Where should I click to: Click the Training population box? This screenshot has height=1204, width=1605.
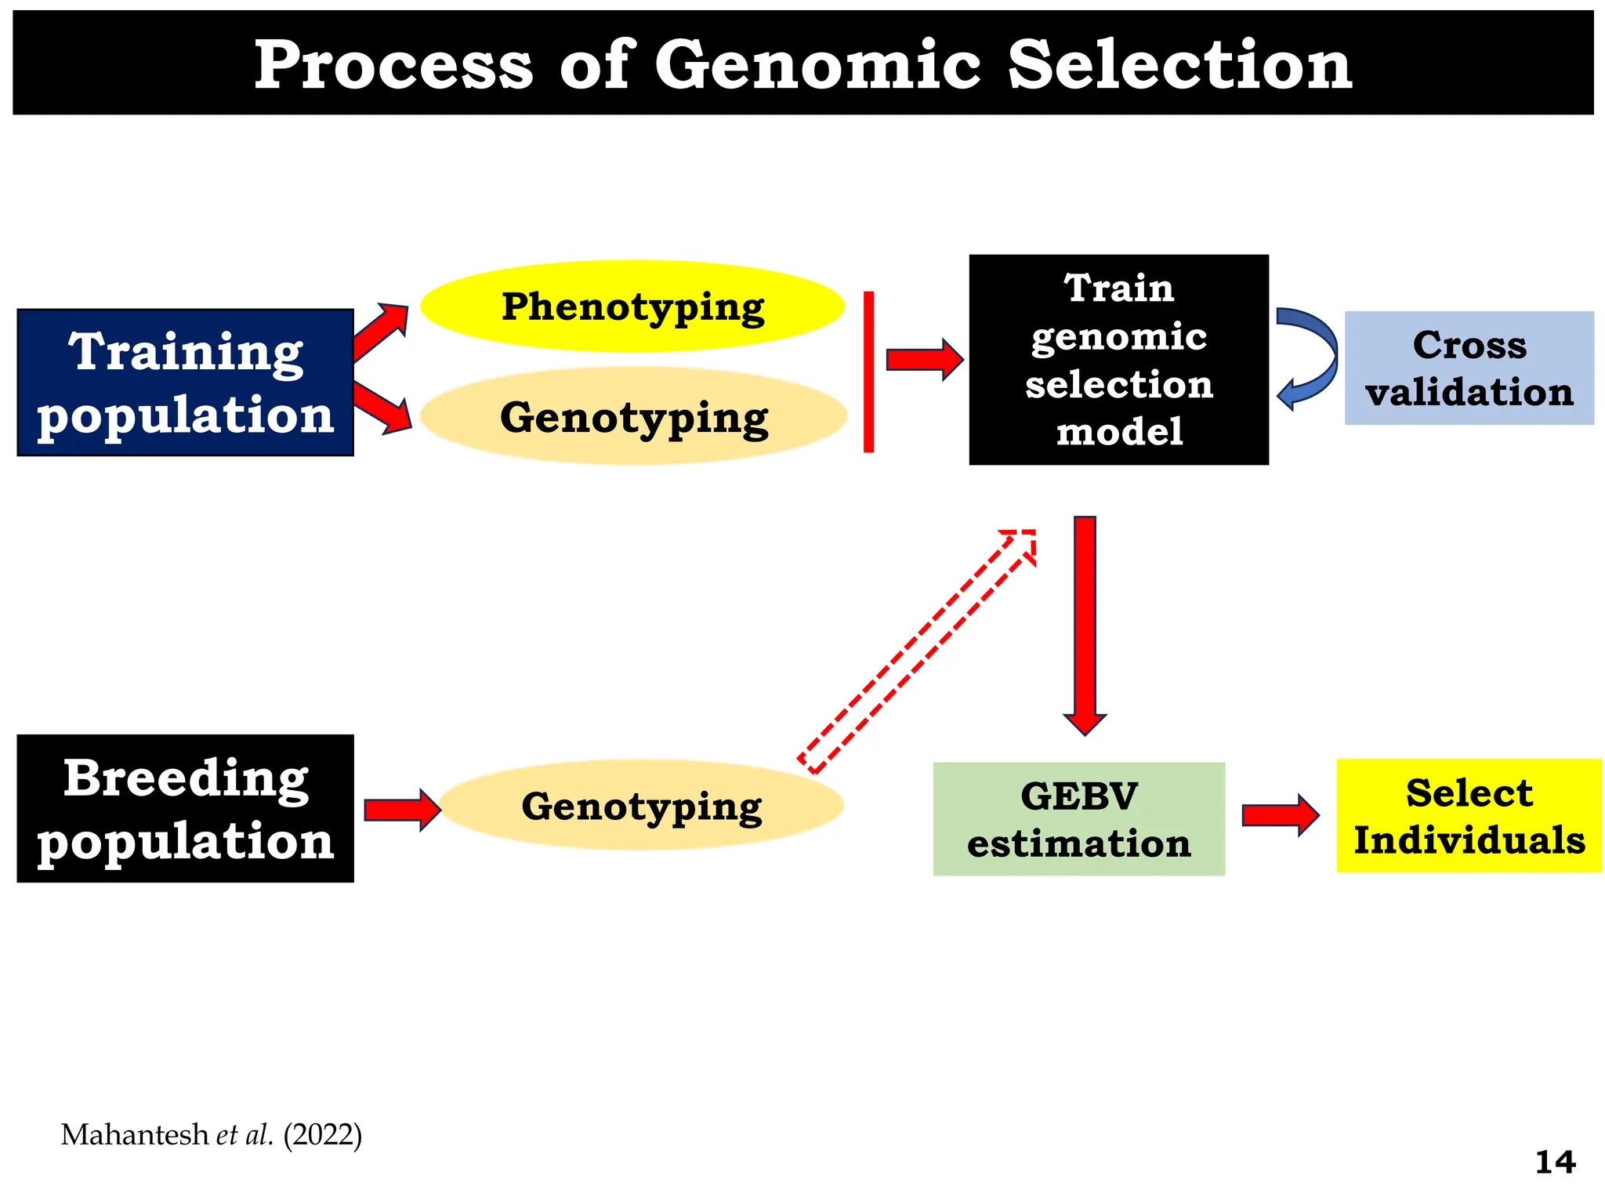point(185,383)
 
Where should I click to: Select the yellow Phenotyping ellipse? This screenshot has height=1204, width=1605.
point(632,306)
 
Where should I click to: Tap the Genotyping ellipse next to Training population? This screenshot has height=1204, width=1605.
point(633,417)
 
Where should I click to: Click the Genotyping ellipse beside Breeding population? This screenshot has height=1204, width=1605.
point(641,806)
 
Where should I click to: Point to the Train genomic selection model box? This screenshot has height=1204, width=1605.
point(1118,360)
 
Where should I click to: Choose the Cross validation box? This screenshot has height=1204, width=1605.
point(1469,368)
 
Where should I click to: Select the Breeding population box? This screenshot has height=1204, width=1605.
point(185,809)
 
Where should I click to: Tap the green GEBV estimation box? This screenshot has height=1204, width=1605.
point(1078,819)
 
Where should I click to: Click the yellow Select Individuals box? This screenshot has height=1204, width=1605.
point(1469,816)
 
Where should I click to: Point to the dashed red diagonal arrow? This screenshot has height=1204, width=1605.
point(917,651)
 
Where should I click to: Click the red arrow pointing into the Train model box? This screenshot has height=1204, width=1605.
point(923,360)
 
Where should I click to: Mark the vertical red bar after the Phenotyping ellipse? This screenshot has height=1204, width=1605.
point(868,372)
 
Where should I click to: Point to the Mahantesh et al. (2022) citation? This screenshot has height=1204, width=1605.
point(212,1135)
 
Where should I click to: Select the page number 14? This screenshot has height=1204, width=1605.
point(1555,1162)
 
